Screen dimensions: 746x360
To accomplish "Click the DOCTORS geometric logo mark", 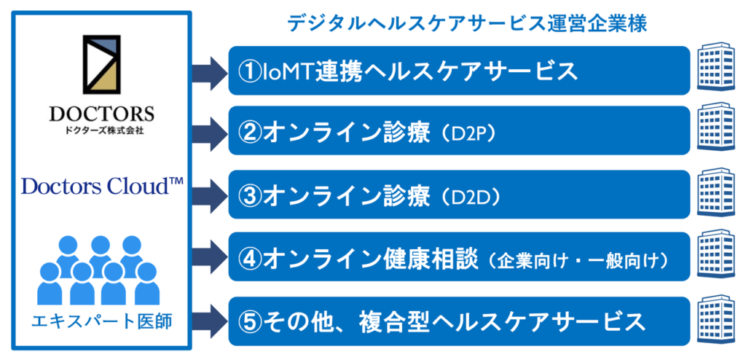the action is click(102, 64).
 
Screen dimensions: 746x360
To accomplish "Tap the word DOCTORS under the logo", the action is click(102, 114).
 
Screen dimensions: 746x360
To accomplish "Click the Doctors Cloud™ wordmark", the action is click(103, 187).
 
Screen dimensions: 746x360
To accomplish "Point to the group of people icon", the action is click(101, 270).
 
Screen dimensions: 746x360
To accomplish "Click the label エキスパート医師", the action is click(101, 322).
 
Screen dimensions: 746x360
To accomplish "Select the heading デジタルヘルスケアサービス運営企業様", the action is click(467, 24).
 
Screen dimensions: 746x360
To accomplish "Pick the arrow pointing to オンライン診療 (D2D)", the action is click(210, 195).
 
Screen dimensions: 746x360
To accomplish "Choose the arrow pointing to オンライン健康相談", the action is click(210, 257).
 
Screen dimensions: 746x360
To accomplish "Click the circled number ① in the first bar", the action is click(251, 71).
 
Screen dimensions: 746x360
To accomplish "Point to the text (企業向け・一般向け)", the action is click(576, 259).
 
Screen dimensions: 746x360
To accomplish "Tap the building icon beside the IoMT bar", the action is click(716, 69).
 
